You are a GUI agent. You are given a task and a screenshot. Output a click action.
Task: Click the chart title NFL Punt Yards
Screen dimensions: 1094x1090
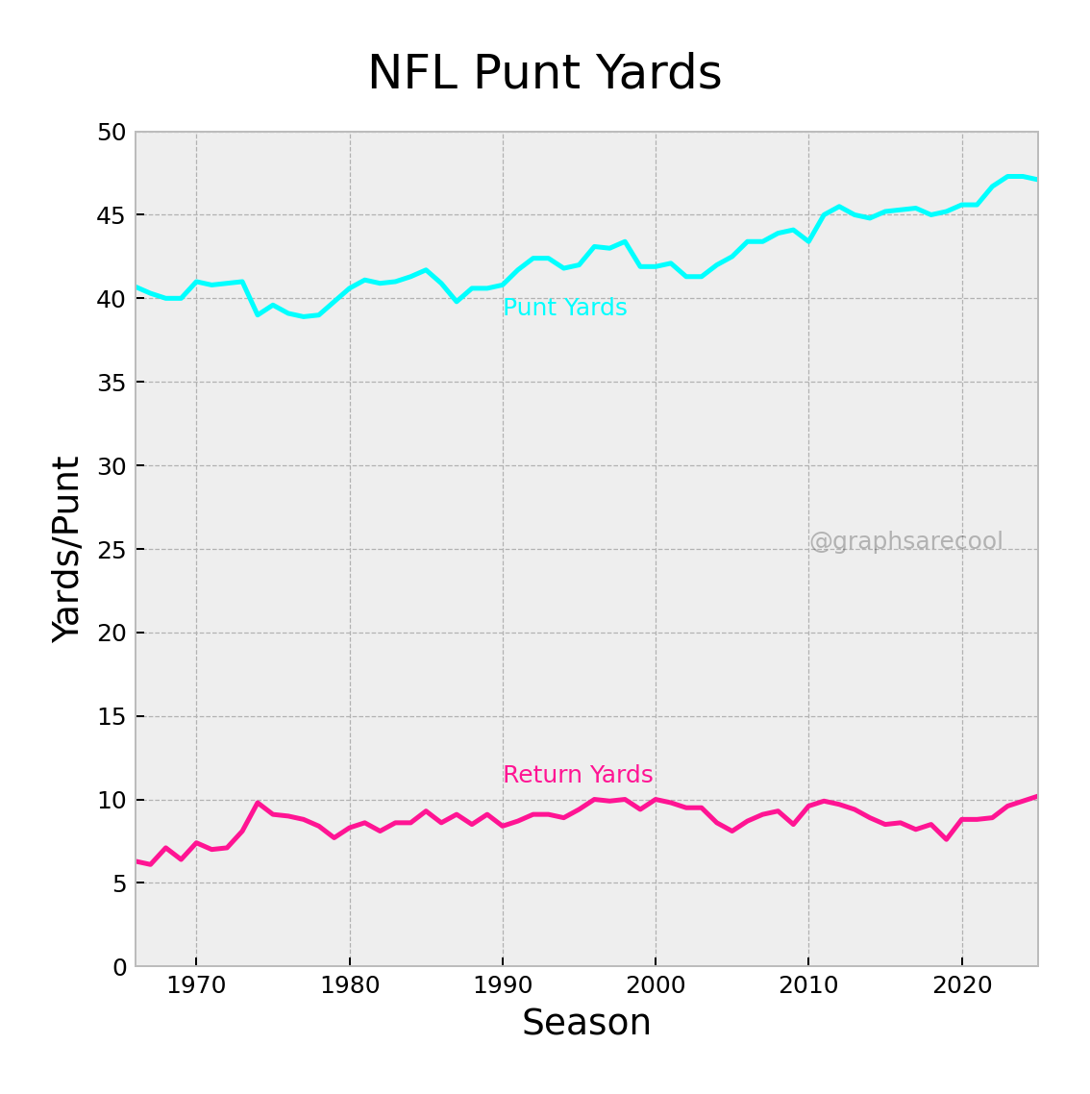(544, 74)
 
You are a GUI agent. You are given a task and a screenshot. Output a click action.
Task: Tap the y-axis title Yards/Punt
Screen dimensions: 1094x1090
(66, 549)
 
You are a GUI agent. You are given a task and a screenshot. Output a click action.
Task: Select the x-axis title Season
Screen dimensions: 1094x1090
(586, 1023)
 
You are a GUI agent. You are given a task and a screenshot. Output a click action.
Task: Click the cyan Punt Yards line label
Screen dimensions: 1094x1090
(564, 309)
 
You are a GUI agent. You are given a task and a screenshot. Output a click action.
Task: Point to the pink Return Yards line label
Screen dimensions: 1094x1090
(578, 776)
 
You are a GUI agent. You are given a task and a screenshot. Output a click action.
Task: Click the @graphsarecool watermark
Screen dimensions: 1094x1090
(905, 542)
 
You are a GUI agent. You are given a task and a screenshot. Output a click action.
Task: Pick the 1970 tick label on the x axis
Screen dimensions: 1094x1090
(196, 986)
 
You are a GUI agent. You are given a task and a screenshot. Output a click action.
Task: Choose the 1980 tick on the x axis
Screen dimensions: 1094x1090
(349, 986)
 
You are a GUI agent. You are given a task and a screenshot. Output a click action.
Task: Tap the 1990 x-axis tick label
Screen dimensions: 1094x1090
(502, 986)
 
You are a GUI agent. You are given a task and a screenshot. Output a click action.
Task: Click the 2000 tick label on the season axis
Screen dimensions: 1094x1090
(656, 986)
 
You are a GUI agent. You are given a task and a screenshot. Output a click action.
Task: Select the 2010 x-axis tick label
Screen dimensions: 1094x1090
(808, 986)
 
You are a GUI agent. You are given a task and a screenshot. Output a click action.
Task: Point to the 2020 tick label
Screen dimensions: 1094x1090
(961, 986)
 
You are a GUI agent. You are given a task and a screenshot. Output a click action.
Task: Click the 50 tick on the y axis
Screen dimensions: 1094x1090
(111, 133)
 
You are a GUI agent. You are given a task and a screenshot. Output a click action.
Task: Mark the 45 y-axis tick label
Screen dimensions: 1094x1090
(111, 215)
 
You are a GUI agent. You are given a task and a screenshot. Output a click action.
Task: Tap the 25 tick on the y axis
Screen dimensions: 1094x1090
(111, 550)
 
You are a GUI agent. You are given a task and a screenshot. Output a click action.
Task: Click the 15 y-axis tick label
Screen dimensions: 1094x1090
(111, 717)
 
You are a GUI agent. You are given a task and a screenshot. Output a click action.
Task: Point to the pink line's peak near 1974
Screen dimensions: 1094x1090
(258, 803)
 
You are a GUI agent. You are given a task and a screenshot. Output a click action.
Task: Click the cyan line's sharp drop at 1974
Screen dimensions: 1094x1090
(258, 314)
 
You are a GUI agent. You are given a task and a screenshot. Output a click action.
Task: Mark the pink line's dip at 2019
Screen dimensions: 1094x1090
(947, 839)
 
